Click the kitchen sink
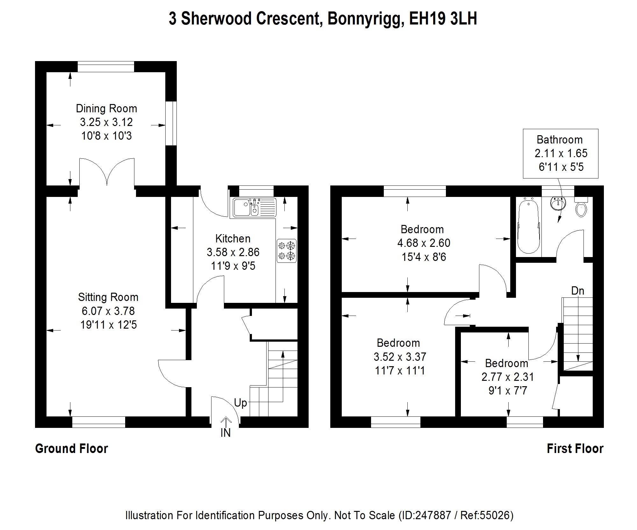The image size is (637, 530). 254,207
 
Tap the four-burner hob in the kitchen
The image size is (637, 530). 286,251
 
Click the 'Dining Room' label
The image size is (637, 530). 106,109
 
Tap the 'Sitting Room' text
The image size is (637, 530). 108,297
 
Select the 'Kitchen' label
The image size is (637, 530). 233,239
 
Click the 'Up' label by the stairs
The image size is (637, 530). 240,403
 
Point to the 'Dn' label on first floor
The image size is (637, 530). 577,291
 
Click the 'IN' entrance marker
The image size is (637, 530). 225,433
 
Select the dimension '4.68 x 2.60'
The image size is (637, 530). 424,243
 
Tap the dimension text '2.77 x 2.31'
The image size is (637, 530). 508,377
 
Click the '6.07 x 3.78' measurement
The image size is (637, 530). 108,311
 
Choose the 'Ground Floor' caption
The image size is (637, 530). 72,449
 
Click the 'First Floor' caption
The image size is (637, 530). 575,449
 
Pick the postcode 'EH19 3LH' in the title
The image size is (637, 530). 443,19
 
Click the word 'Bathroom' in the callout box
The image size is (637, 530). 560,140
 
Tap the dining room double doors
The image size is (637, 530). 107,172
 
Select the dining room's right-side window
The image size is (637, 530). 171,123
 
